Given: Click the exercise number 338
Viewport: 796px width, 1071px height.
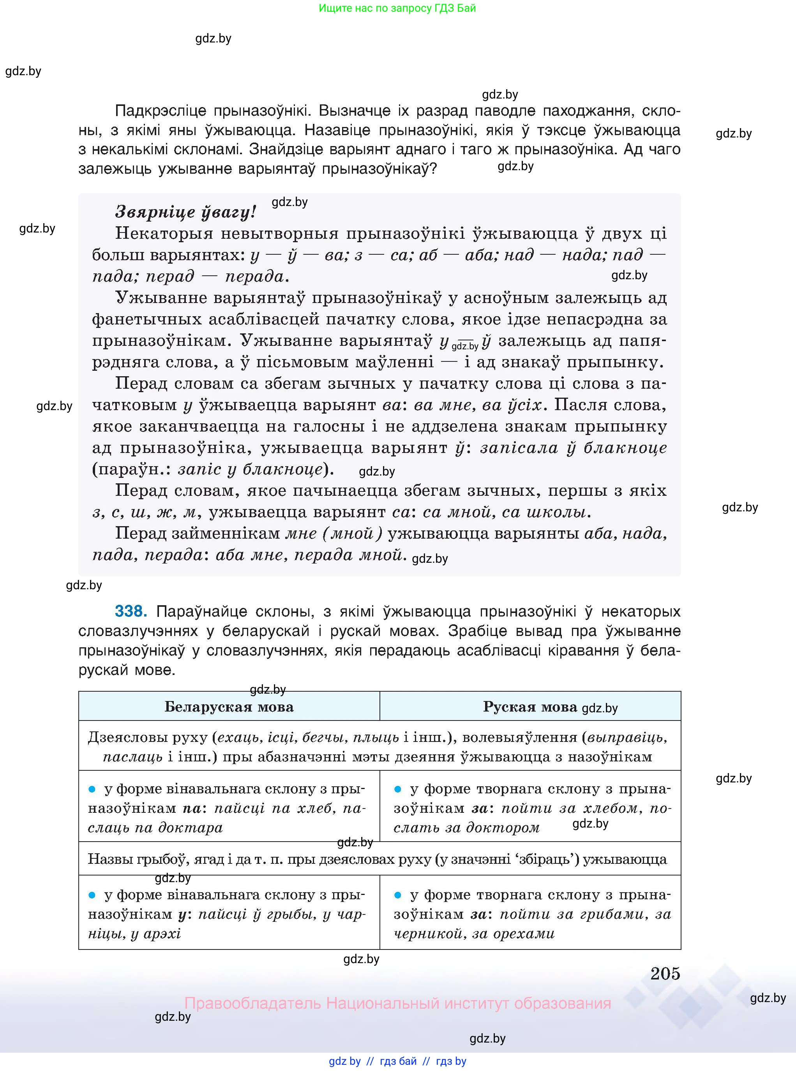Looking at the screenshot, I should (x=130, y=611).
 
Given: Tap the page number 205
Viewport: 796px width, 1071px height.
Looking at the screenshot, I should (x=665, y=973).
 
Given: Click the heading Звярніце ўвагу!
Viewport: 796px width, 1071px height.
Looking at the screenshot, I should (x=185, y=212).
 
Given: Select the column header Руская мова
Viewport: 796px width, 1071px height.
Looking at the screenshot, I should (x=529, y=706).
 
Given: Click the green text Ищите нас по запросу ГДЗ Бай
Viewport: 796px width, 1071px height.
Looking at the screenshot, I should (x=397, y=8).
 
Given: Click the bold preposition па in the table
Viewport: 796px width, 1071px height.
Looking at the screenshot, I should (x=192, y=808).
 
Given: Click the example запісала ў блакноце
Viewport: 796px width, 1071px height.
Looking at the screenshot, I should (x=574, y=448).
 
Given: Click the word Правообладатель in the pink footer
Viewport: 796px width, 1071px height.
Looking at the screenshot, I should (x=252, y=1003).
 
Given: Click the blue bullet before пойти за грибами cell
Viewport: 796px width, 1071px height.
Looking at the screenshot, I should (x=397, y=895).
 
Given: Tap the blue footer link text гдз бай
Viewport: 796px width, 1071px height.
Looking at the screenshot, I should (x=398, y=1061).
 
